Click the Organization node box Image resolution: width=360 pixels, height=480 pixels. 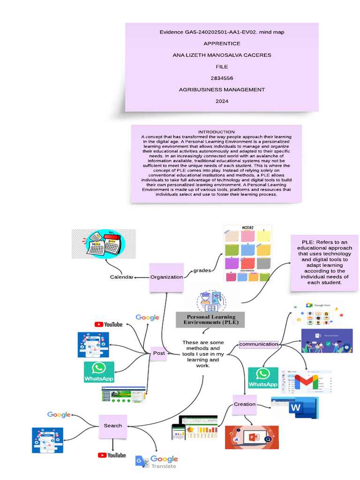tap(166, 277)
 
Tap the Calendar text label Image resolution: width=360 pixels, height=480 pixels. tap(121, 277)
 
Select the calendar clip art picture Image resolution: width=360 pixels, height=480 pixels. tap(104, 244)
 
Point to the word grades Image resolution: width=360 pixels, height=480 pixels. tap(202, 270)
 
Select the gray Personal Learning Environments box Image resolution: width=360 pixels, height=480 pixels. tap(211, 320)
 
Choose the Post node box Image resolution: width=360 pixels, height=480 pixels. tap(159, 353)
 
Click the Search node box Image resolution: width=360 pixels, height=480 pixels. tap(113, 426)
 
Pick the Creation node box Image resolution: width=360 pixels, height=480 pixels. tap(245, 404)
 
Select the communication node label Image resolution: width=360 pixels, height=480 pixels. tap(259, 344)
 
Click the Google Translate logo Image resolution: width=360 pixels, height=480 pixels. tap(157, 461)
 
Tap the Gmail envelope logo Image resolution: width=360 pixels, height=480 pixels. tap(306, 382)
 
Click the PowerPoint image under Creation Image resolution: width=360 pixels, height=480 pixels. tap(252, 437)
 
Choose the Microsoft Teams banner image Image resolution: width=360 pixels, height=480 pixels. tap(327, 341)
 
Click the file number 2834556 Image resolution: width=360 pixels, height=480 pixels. tap(222, 78)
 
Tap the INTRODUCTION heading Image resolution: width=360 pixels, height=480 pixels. tap(216, 132)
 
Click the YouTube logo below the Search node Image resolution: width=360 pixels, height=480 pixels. tap(112, 455)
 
